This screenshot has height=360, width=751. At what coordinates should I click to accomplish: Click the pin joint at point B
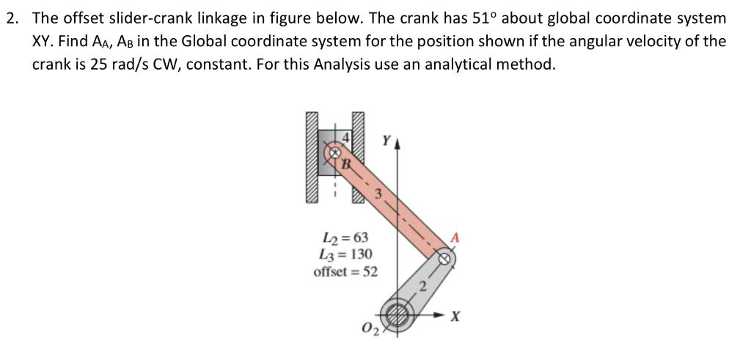(334, 154)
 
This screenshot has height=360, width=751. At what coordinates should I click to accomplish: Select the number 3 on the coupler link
(379, 194)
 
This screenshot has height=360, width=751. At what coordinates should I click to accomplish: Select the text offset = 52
(345, 271)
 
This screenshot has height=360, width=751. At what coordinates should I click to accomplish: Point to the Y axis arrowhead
(398, 144)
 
